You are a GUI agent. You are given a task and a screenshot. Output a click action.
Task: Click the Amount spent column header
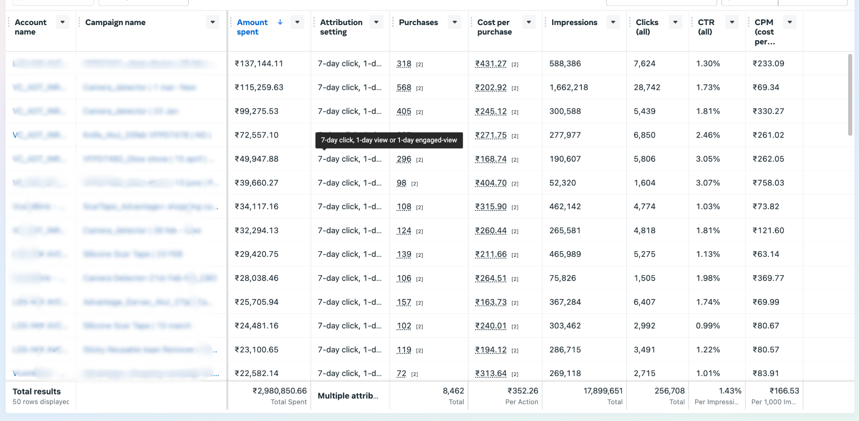pyautogui.click(x=252, y=27)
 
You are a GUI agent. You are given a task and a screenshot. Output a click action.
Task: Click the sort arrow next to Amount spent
pyautogui.click(x=280, y=22)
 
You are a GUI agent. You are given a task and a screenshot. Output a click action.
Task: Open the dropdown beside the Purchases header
pyautogui.click(x=454, y=22)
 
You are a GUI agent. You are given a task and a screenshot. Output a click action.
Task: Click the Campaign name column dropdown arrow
pyautogui.click(x=213, y=22)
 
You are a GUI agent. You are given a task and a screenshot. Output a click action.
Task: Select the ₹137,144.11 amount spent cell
pyautogui.click(x=259, y=63)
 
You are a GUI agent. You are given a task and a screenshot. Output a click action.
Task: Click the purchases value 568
pyautogui.click(x=404, y=88)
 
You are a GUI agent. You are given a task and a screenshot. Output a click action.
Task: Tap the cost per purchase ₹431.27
pyautogui.click(x=491, y=63)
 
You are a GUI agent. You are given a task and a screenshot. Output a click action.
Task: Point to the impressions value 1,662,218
pyautogui.click(x=569, y=88)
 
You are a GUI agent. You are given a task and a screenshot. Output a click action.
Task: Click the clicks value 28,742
pyautogui.click(x=647, y=88)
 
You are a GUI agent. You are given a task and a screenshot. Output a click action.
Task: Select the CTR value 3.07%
pyautogui.click(x=708, y=183)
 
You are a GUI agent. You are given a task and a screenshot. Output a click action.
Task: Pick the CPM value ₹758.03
pyautogui.click(x=768, y=183)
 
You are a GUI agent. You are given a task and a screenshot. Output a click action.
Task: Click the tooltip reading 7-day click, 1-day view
pyautogui.click(x=389, y=140)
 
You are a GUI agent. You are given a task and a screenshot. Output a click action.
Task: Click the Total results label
pyautogui.click(x=36, y=392)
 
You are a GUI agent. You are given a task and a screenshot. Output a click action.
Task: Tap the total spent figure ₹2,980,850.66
pyautogui.click(x=279, y=391)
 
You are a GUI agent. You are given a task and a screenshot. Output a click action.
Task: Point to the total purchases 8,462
pyautogui.click(x=453, y=391)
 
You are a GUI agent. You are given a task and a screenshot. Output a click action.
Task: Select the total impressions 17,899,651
pyautogui.click(x=603, y=391)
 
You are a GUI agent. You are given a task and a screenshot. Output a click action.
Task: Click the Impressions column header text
pyautogui.click(x=574, y=22)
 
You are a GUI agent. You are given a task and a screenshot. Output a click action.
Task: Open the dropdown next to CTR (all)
pyautogui.click(x=732, y=22)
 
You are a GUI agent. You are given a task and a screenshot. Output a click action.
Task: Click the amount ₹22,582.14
pyautogui.click(x=256, y=374)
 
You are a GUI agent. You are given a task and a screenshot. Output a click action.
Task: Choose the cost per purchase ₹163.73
pyautogui.click(x=491, y=302)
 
